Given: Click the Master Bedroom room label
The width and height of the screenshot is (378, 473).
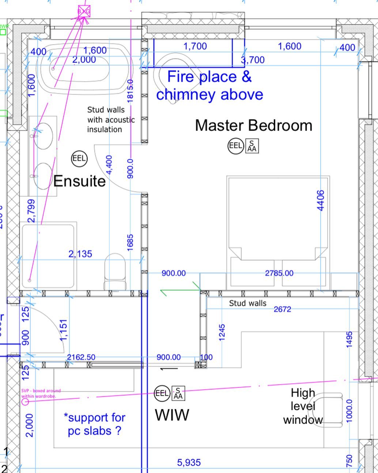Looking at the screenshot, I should click(x=253, y=125).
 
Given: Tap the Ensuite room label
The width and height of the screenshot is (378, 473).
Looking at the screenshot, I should click(x=79, y=181).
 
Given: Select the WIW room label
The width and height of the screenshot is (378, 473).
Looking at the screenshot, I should click(x=172, y=415).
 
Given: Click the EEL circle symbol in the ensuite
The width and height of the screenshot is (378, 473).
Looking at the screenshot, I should click(x=79, y=158).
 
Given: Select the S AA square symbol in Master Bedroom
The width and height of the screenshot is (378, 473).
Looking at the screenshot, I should click(x=252, y=146).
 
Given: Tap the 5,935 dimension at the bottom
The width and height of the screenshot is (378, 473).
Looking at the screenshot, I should click(x=189, y=463).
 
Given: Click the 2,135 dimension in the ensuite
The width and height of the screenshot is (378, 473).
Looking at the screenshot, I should click(x=80, y=254).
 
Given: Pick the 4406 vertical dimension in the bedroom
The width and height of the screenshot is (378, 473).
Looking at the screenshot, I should click(x=321, y=200).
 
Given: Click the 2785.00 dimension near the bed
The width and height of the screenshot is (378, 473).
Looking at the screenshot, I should click(x=279, y=273).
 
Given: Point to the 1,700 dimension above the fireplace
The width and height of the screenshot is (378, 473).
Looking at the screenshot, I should click(x=195, y=46).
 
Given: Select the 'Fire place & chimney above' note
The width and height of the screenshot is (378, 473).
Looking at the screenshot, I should click(x=209, y=86).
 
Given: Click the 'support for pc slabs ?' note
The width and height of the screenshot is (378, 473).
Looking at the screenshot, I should click(x=94, y=424).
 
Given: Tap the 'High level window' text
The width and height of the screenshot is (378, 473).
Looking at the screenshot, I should click(x=303, y=406).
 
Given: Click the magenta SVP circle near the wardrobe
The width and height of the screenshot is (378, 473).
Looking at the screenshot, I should click(x=25, y=402).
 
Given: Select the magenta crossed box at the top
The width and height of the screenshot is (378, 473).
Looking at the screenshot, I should click(x=84, y=11).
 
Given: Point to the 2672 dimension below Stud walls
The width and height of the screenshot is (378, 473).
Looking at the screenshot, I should click(x=282, y=309).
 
